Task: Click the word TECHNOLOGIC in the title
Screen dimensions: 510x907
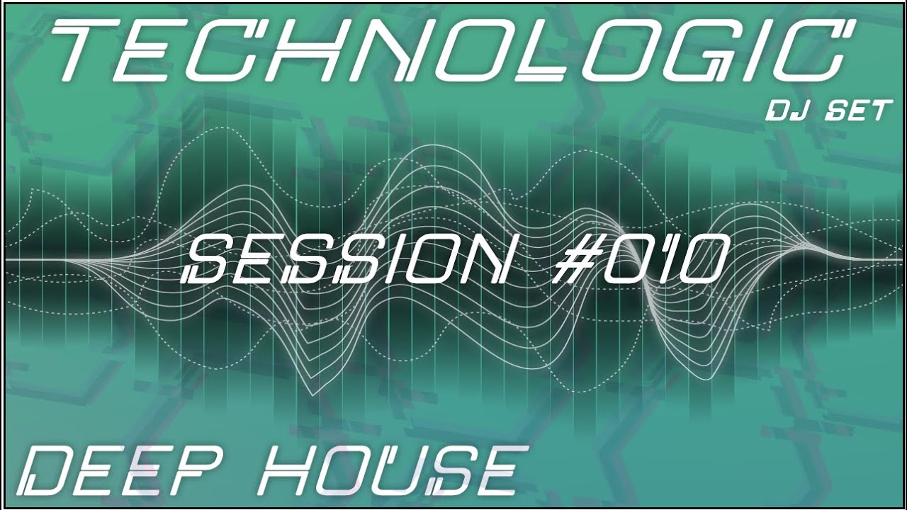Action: [453, 51]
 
